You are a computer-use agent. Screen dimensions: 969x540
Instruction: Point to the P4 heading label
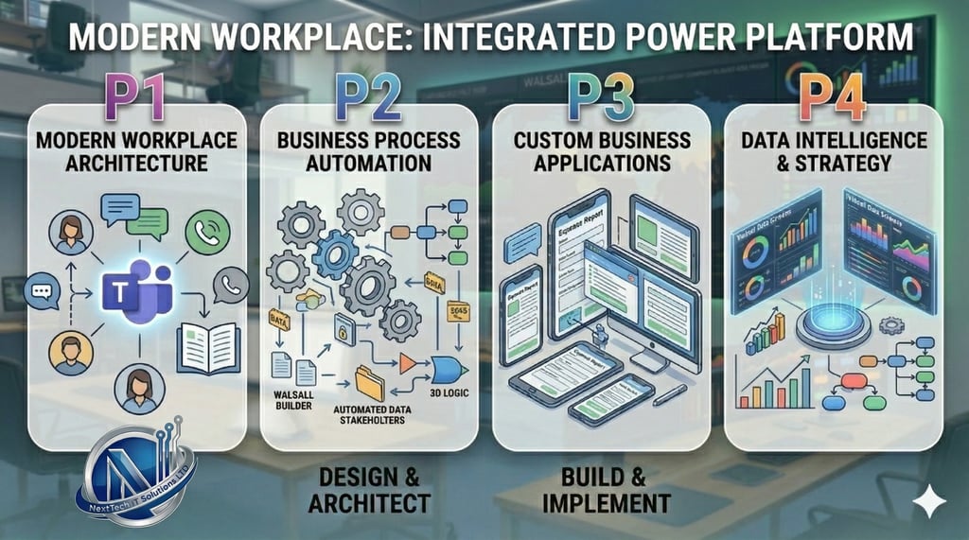(x=832, y=98)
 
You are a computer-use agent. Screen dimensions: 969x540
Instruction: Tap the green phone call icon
(x=207, y=232)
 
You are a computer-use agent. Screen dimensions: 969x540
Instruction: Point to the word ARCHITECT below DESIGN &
(x=369, y=502)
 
